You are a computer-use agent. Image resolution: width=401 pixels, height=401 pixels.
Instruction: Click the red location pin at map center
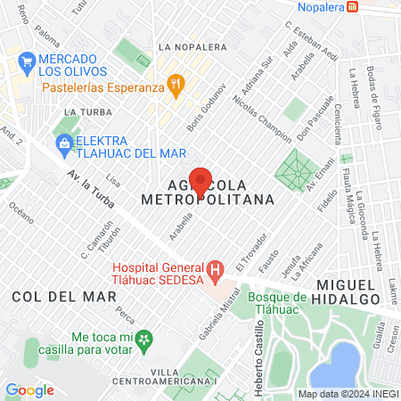(x=200, y=181)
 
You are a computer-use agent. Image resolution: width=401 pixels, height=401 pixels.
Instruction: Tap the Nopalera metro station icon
(x=354, y=7)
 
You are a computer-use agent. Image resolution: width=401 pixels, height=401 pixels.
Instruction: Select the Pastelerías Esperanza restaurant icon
(x=176, y=86)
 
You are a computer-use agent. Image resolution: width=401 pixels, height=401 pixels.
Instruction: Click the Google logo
(x=29, y=389)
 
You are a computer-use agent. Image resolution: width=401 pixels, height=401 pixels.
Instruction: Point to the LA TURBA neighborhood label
(x=82, y=111)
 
